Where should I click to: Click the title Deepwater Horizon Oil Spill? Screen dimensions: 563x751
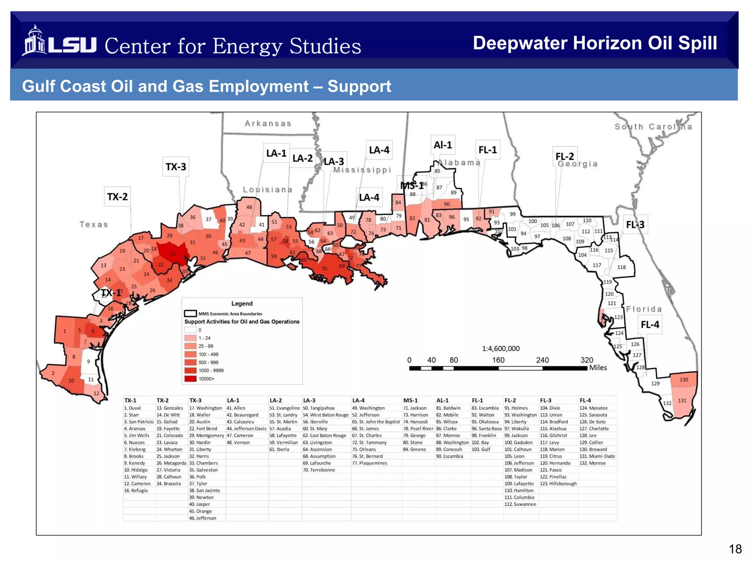tap(594, 43)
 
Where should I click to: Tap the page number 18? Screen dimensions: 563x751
tap(735, 549)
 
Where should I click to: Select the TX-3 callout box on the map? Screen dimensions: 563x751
tap(176, 167)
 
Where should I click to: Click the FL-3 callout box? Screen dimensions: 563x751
tap(635, 224)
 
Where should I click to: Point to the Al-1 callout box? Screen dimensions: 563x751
tap(443, 145)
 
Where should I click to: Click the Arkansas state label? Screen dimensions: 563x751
tap(268, 124)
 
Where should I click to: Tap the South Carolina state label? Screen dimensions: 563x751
tap(653, 127)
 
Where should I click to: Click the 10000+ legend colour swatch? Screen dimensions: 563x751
tap(190, 379)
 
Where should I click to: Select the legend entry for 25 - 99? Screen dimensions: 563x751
tap(205, 346)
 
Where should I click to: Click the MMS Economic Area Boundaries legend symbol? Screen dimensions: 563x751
tap(190, 314)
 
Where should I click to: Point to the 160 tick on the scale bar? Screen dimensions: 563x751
tap(498, 360)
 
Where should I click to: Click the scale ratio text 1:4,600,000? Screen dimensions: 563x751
tap(501, 349)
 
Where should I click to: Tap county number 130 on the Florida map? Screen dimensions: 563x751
tap(684, 380)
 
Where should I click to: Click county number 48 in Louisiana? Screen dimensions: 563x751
tap(249, 207)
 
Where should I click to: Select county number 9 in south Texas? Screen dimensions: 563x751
tap(88, 361)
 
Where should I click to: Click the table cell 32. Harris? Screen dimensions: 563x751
tap(199, 456)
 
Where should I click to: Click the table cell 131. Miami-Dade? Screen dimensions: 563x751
tap(597, 456)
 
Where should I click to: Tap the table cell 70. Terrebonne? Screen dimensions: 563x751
tap(319, 470)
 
